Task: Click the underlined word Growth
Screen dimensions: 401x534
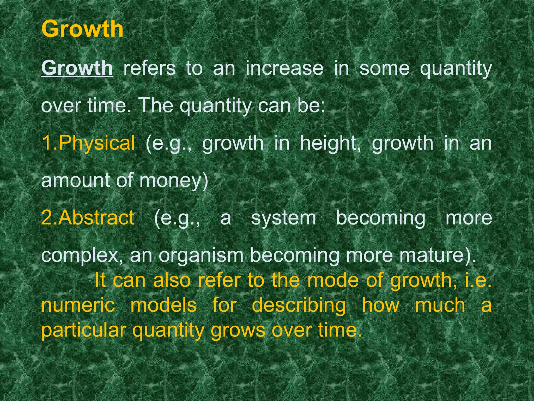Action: (77, 68)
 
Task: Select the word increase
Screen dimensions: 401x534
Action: (284, 68)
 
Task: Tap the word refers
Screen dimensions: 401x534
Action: (149, 68)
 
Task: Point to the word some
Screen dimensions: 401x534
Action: (384, 68)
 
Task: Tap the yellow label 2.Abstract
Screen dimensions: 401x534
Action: (88, 218)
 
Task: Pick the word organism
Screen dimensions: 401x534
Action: (201, 256)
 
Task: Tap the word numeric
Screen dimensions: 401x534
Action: (78, 305)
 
